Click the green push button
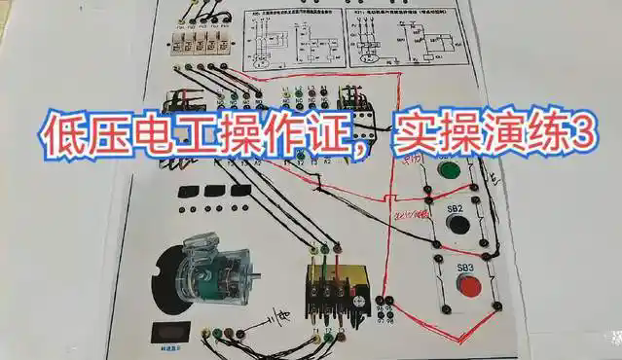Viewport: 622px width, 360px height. pos(449,171)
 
